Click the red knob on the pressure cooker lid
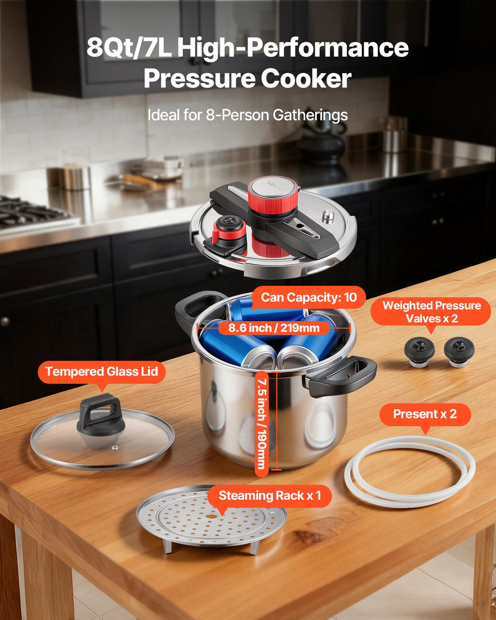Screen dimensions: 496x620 (273, 195)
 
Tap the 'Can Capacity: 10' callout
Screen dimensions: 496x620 (309, 297)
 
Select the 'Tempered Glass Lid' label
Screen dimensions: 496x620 (101, 372)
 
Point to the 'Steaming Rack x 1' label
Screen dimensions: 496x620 (269, 496)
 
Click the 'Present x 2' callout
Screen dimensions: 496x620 (425, 414)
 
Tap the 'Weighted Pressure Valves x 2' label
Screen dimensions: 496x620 (432, 312)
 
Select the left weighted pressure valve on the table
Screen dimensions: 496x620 (419, 352)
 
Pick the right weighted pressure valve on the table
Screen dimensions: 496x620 (459, 352)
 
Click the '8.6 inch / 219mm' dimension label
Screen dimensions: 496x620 (274, 328)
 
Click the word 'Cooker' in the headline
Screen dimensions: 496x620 (306, 78)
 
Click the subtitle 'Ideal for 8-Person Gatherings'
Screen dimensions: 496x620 (248, 115)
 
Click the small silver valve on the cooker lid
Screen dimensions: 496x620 (328, 217)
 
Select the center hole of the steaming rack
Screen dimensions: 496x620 (211, 516)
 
